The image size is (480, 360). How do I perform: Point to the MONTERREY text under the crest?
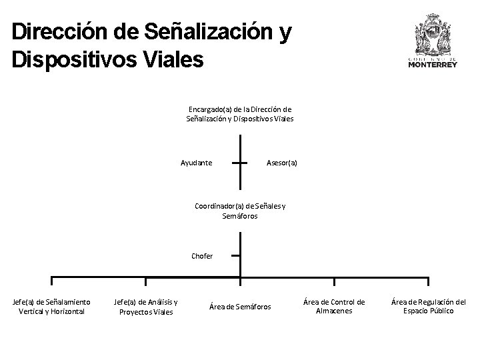tap(433, 65)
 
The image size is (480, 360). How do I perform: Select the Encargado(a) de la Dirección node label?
tap(240, 113)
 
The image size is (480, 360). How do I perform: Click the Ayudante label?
tap(197, 163)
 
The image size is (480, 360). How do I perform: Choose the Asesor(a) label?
tap(281, 163)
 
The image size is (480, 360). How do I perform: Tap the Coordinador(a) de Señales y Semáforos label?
tap(240, 211)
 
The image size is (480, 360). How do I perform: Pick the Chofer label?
tap(202, 256)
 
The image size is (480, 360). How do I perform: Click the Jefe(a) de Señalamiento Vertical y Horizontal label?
tap(52, 306)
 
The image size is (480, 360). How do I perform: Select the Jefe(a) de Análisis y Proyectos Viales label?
tap(145, 306)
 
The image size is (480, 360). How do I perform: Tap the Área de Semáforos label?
tap(240, 307)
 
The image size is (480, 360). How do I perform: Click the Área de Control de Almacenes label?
tap(334, 306)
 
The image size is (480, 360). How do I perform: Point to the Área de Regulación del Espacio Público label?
tap(428, 306)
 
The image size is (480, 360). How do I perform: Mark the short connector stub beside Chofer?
tap(235, 255)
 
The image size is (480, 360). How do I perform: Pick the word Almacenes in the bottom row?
tap(334, 311)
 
